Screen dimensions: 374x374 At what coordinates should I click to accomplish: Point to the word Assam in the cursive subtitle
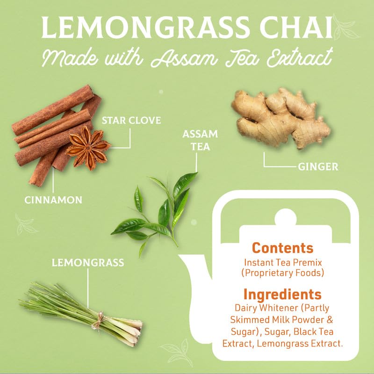184,58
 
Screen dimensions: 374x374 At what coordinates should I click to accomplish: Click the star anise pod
88,148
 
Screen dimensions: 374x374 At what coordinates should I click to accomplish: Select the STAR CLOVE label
131,121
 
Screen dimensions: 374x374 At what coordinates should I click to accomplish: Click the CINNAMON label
53,200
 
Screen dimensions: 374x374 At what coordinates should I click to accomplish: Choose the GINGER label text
318,167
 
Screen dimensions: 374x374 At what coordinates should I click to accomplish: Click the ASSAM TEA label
200,140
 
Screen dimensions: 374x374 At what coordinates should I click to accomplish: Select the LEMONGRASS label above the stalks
88,263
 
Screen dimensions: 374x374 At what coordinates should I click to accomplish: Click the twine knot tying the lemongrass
100,320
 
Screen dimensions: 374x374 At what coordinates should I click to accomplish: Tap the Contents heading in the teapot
282,248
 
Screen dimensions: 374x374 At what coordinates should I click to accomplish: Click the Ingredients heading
282,295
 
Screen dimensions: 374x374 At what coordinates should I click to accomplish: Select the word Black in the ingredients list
304,332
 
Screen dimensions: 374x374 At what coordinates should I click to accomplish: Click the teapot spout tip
180,256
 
